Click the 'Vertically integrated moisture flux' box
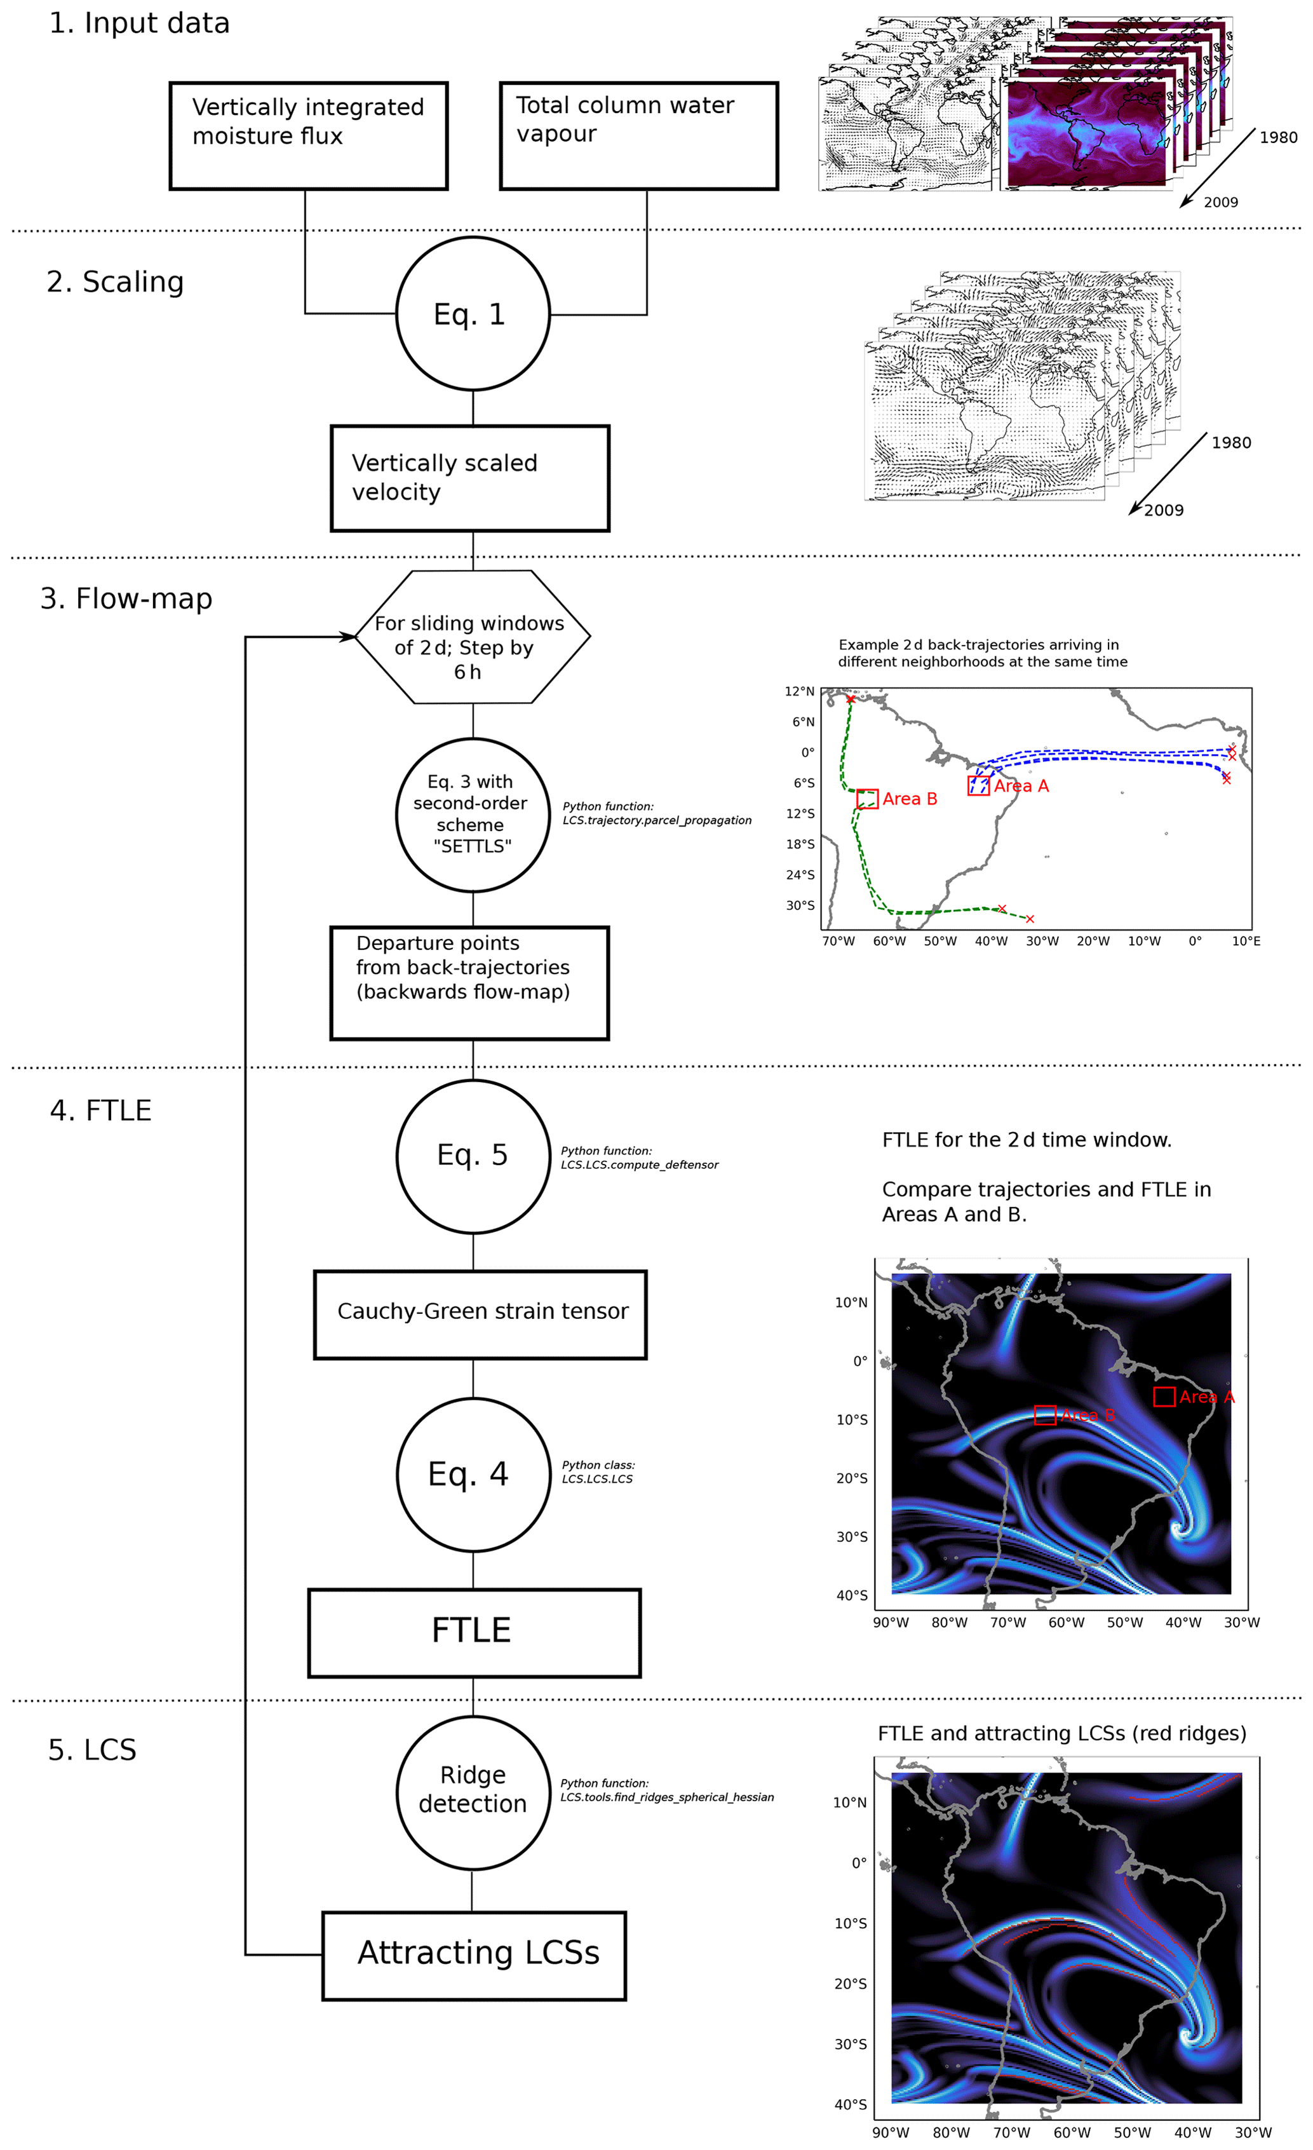308,136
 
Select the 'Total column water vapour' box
638,136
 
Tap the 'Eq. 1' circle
472,314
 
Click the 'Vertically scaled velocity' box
469,478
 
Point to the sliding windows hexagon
471,637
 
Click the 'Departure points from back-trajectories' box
469,982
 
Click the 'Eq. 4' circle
473,1475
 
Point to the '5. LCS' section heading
93,1750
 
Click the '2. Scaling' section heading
115,283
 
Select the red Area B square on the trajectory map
867,799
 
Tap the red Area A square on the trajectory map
978,785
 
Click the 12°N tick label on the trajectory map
799,691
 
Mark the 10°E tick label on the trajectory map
1246,940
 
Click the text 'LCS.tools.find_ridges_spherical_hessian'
666,1797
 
